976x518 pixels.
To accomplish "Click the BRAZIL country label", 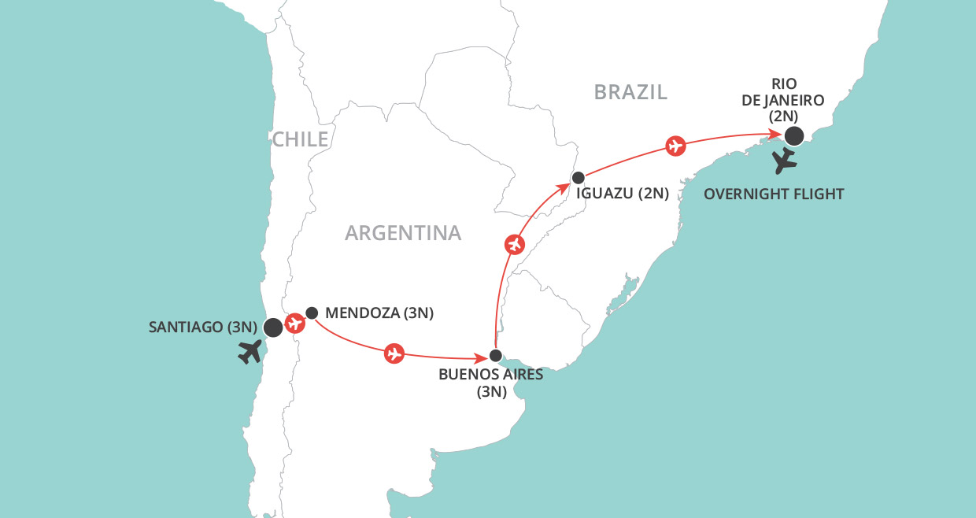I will [x=630, y=92].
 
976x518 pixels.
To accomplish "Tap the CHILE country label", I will [x=300, y=140].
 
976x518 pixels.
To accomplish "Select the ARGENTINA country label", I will [x=403, y=233].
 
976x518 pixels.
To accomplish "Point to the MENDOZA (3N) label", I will [x=379, y=313].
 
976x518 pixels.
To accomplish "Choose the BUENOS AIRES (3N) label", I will [x=491, y=383].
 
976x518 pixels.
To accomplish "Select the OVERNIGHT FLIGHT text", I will [x=775, y=194].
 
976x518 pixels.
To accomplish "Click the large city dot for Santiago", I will [x=273, y=327].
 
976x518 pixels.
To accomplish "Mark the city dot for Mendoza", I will [x=312, y=313].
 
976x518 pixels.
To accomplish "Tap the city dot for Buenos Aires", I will [x=495, y=355].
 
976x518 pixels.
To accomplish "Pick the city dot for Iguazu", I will [x=578, y=177].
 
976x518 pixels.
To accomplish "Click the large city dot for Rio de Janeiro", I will [x=794, y=136].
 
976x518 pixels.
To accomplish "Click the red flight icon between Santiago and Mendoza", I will [x=294, y=323].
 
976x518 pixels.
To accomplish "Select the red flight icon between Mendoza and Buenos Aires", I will [x=394, y=354].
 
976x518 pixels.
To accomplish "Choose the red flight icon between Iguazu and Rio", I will [x=675, y=146].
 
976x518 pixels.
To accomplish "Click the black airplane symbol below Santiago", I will [x=251, y=353].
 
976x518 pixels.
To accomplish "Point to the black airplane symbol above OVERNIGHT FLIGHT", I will [x=785, y=161].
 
